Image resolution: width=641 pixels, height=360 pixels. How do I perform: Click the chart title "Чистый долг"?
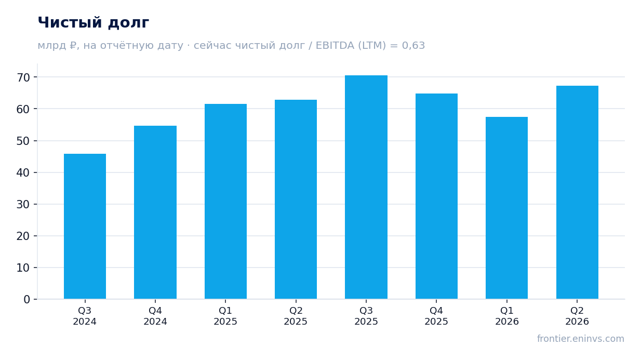94,23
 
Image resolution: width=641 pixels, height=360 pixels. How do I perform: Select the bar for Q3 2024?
85,226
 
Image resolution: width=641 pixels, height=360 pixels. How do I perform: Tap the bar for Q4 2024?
155,212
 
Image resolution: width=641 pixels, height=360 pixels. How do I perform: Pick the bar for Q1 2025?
226,202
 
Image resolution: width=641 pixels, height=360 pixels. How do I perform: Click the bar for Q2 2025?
296,199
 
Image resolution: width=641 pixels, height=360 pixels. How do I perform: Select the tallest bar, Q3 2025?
366,187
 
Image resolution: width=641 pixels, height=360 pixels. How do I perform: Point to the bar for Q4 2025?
437,196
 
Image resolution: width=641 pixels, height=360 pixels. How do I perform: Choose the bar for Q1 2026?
507,208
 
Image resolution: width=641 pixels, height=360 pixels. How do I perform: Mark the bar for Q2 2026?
578,192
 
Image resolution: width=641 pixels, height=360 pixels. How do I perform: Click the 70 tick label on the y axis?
23,77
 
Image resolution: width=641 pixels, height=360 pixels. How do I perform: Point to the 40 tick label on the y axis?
23,172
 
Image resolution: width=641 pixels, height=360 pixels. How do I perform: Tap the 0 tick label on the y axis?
27,300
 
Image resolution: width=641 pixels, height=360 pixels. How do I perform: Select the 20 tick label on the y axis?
23,236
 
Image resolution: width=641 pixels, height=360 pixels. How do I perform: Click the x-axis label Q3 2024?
85,316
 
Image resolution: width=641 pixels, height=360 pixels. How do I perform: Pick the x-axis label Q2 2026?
577,316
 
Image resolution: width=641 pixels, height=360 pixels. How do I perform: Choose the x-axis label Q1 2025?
225,316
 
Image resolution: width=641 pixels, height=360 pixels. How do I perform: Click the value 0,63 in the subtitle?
413,46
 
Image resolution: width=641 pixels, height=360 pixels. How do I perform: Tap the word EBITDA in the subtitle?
335,46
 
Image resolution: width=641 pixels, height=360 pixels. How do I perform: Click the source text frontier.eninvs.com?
581,339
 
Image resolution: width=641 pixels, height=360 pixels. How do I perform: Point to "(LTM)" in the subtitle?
372,46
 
